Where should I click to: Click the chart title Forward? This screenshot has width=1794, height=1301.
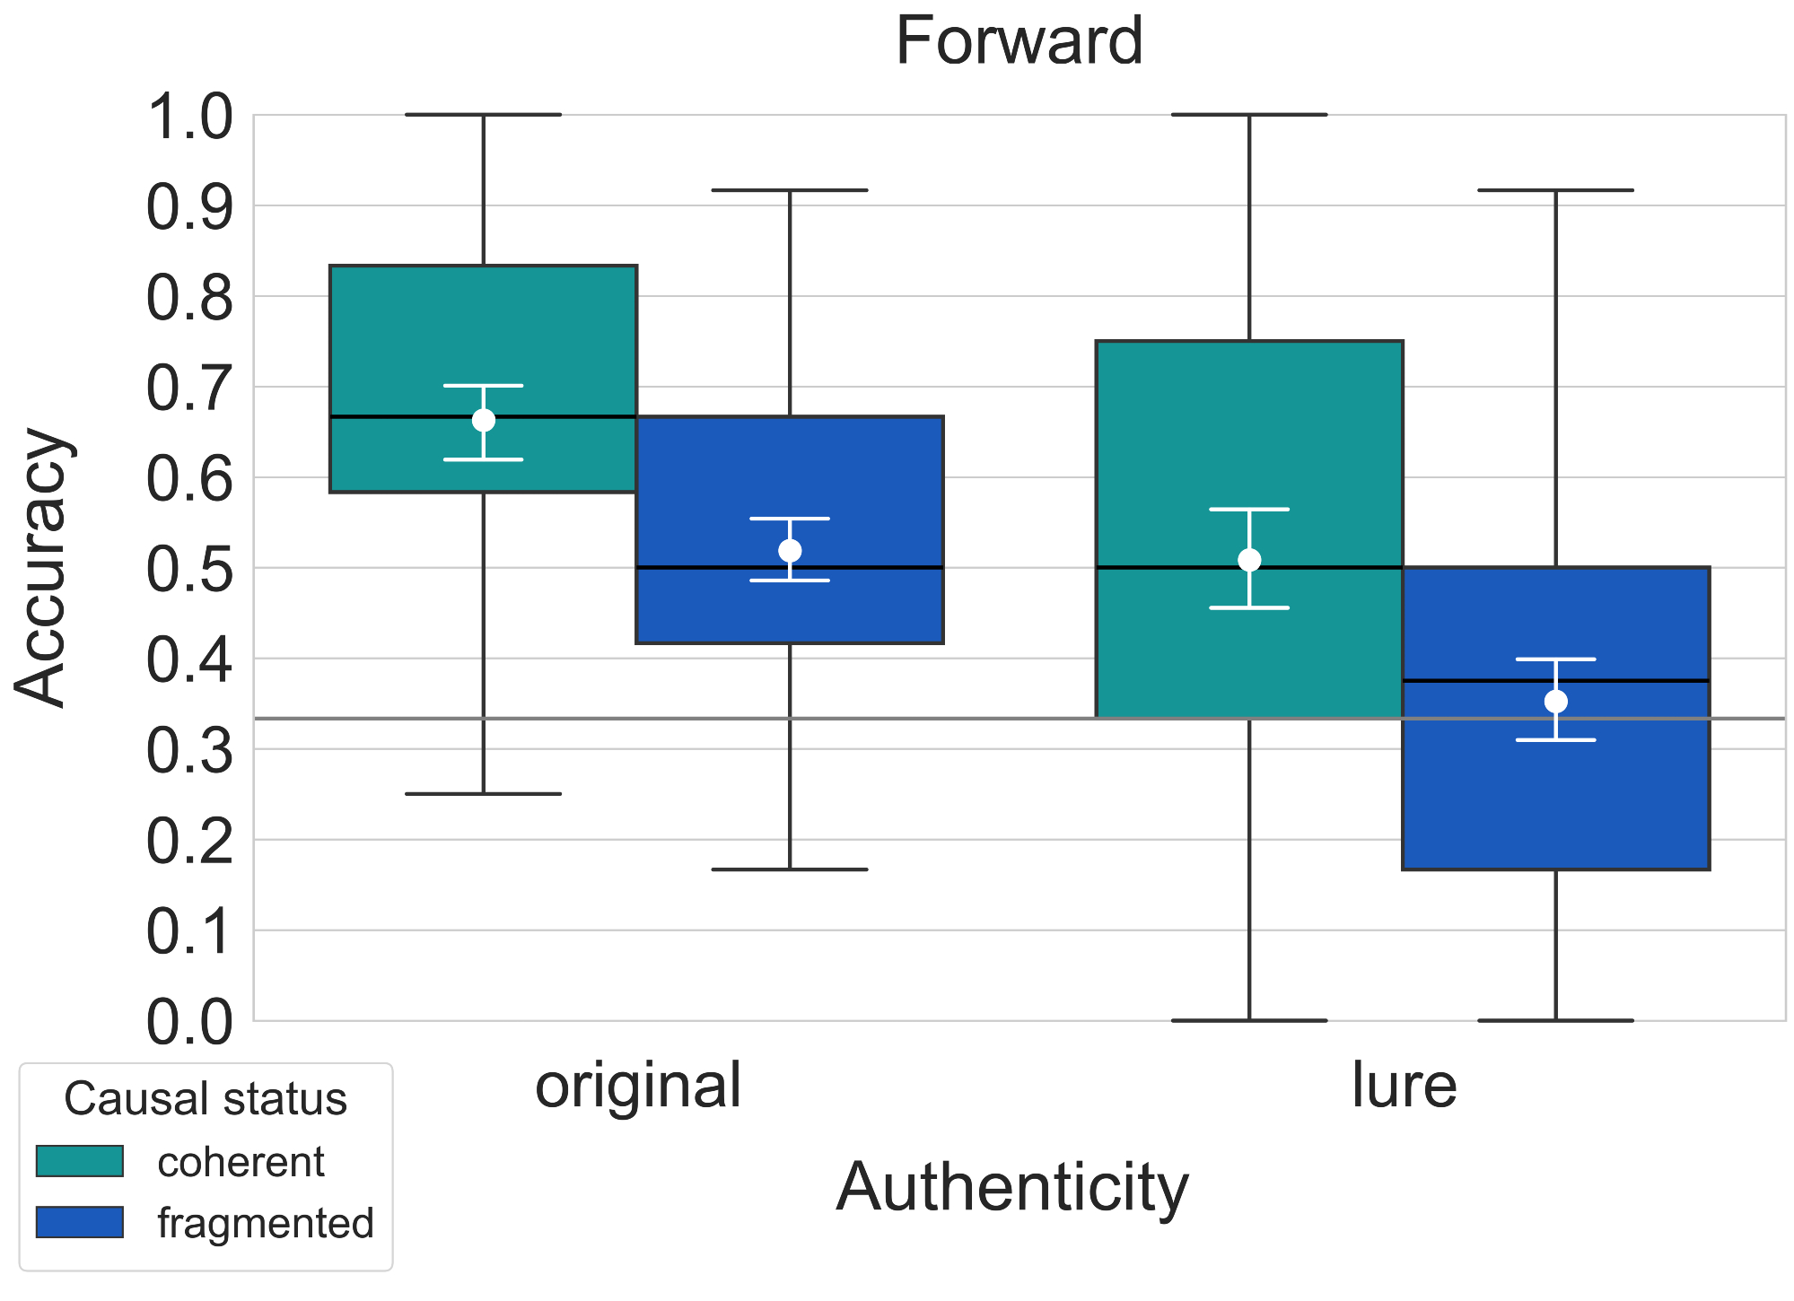(1019, 42)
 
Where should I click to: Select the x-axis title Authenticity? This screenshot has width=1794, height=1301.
(1011, 1188)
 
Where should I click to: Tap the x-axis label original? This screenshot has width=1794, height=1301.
(638, 1086)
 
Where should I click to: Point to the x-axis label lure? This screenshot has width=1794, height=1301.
(1404, 1086)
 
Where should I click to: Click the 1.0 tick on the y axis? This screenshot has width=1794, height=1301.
(189, 117)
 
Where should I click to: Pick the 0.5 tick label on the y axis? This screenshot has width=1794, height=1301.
(189, 569)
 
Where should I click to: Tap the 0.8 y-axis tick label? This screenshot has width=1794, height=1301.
(189, 298)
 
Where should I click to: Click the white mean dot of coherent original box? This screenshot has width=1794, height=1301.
(484, 420)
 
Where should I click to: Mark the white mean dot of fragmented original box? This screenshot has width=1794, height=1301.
(790, 550)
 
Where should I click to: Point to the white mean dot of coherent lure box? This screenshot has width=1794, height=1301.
(1249, 560)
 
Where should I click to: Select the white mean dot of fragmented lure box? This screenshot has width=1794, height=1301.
(1555, 701)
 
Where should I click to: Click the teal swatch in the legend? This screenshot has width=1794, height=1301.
(79, 1161)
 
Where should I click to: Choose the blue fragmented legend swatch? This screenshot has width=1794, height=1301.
(79, 1222)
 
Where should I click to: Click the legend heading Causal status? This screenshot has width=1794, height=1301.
(206, 1099)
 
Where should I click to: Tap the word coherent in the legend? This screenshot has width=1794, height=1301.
(241, 1163)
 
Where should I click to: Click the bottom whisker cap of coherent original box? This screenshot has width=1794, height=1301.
(484, 794)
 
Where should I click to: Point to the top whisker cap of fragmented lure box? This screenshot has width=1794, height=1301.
(1555, 190)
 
